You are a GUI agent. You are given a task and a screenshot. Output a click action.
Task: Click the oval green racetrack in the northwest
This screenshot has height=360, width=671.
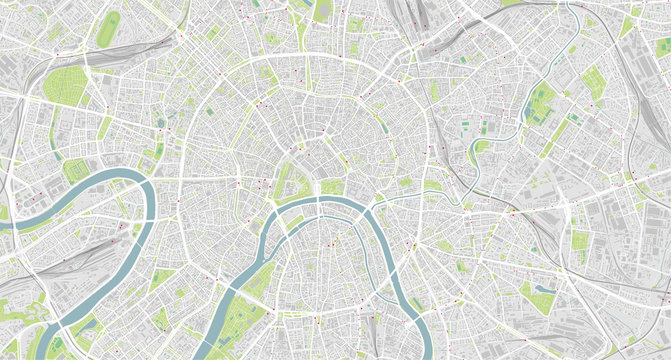pos(107,28)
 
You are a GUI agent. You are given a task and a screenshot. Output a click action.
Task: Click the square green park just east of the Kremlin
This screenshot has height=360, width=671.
pos(331,186)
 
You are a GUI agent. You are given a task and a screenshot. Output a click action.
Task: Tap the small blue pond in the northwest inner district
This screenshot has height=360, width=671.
pos(161,123)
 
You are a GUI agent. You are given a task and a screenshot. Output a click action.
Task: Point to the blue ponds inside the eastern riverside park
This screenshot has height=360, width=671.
pos(540,101)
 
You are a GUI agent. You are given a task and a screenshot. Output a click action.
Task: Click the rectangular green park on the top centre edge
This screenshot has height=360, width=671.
pos(322,10)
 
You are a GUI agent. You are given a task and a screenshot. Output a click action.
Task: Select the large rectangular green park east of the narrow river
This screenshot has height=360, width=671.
pos(594,85)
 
